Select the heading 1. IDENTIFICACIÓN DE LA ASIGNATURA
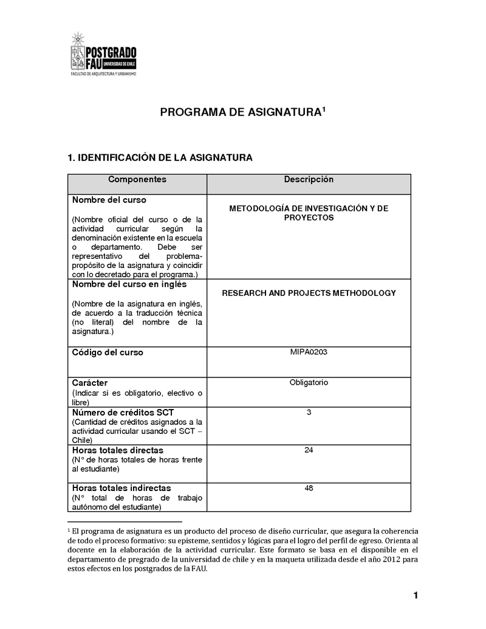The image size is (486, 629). (160, 158)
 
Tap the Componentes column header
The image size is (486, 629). (137, 180)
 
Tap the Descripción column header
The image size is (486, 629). (309, 180)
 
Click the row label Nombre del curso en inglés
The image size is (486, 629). (129, 284)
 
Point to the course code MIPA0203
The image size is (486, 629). (309, 352)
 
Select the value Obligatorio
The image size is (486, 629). (309, 382)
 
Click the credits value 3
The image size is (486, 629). (309, 413)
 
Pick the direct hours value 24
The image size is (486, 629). (309, 450)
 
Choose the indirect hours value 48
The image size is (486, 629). (309, 487)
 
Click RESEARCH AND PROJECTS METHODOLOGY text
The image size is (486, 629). (309, 293)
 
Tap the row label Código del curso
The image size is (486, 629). (108, 352)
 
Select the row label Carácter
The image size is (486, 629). (90, 383)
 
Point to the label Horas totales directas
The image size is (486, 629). (117, 450)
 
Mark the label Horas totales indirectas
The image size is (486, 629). (122, 488)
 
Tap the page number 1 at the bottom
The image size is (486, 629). (416, 596)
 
